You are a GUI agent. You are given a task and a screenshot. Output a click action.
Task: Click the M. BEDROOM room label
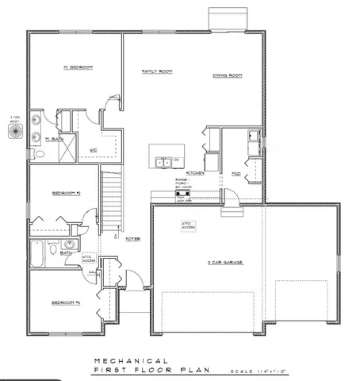pyautogui.click(x=78, y=68)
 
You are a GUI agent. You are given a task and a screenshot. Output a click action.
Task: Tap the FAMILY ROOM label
pyautogui.click(x=157, y=71)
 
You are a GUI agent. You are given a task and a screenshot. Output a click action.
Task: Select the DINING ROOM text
pyautogui.click(x=227, y=75)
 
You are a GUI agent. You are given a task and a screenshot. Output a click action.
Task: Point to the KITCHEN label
pyautogui.click(x=195, y=172)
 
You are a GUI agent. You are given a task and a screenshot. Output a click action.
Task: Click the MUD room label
pyautogui.click(x=236, y=172)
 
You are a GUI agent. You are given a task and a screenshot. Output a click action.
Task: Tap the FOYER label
pyautogui.click(x=132, y=237)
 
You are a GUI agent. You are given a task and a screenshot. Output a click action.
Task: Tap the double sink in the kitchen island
pyautogui.click(x=163, y=163)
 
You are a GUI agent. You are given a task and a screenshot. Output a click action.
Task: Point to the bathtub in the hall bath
pyautogui.click(x=38, y=254)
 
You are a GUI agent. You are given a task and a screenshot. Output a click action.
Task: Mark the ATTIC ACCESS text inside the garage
pyautogui.click(x=187, y=225)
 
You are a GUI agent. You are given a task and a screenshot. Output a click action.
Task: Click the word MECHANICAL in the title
pyautogui.click(x=130, y=360)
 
